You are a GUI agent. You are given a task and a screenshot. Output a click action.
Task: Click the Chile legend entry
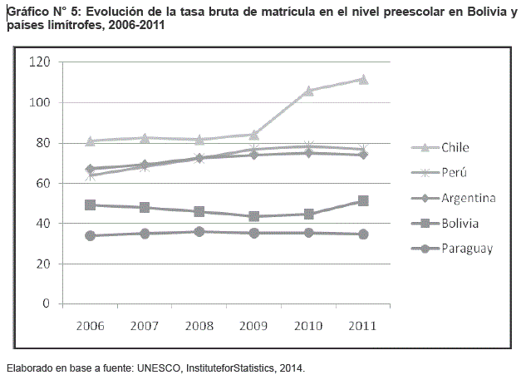(x=455, y=148)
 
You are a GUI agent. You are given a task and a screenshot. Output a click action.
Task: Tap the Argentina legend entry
(x=469, y=198)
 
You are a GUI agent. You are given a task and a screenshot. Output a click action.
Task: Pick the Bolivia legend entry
(x=461, y=223)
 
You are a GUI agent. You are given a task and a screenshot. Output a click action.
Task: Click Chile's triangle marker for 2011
(x=363, y=80)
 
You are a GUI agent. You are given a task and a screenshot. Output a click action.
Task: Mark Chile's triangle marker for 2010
(x=308, y=91)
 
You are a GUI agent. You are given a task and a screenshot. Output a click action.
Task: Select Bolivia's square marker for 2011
(x=363, y=201)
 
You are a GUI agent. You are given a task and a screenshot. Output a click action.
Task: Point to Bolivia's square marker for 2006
(x=90, y=205)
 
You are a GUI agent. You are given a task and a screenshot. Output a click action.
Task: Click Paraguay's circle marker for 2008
(x=199, y=231)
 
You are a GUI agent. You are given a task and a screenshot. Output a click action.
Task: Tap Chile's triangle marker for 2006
(x=90, y=141)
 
